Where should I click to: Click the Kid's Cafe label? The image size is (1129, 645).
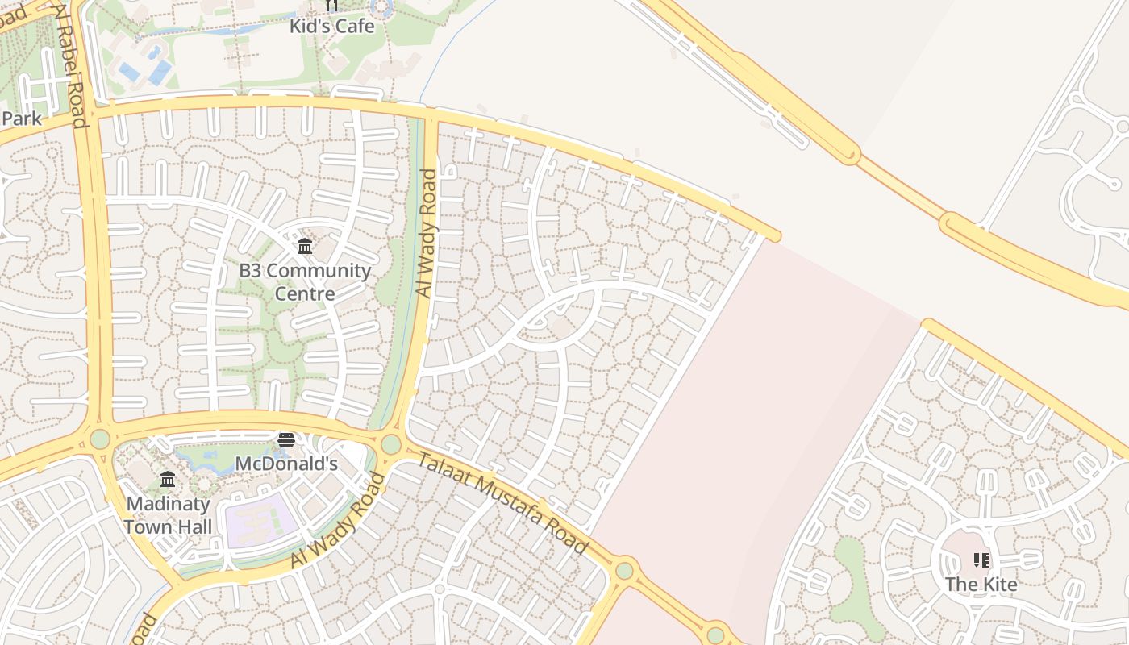pos(332,26)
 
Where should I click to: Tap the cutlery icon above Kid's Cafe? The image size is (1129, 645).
pos(331,6)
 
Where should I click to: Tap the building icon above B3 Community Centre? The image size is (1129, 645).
pos(305,246)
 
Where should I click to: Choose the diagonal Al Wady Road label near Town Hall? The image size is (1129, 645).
pos(338,520)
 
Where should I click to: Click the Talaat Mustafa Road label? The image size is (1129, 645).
pos(502,503)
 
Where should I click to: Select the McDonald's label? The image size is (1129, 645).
pos(285,464)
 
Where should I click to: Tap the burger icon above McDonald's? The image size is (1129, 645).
pos(286,439)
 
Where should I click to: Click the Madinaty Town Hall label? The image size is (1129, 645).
pos(168,515)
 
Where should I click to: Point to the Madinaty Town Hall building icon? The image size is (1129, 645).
pos(168,480)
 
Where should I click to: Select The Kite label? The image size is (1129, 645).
pos(981,584)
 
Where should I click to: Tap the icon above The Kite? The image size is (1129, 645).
pos(981,560)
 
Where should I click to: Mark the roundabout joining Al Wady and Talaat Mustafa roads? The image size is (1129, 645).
pos(391,444)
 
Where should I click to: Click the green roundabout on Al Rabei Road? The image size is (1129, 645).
pos(100,439)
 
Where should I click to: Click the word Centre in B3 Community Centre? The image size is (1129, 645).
pos(305,293)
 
